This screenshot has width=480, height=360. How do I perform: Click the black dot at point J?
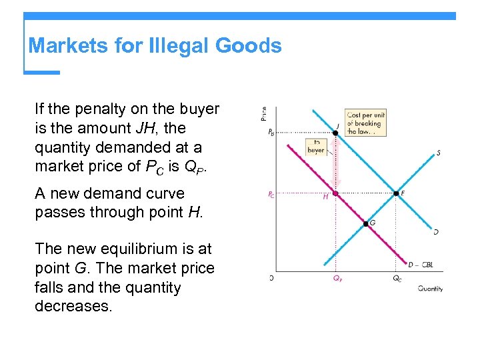pyautogui.click(x=335, y=132)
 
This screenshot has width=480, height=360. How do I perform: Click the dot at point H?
pyautogui.click(x=335, y=194)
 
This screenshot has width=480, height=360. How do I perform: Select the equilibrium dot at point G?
pyautogui.click(x=365, y=223)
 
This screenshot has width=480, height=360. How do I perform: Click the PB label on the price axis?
pyautogui.click(x=271, y=133)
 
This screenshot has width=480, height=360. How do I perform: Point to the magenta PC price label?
pyautogui.click(x=271, y=195)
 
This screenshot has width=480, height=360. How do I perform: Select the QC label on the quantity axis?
pyautogui.click(x=397, y=279)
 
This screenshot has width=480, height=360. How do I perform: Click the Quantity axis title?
pyautogui.click(x=430, y=289)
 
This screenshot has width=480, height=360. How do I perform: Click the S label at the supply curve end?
pyautogui.click(x=438, y=153)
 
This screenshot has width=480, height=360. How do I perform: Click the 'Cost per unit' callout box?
pyautogui.click(x=365, y=123)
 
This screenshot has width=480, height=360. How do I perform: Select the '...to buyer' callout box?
pyautogui.click(x=316, y=147)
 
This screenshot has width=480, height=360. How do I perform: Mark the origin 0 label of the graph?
pyautogui.click(x=271, y=277)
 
